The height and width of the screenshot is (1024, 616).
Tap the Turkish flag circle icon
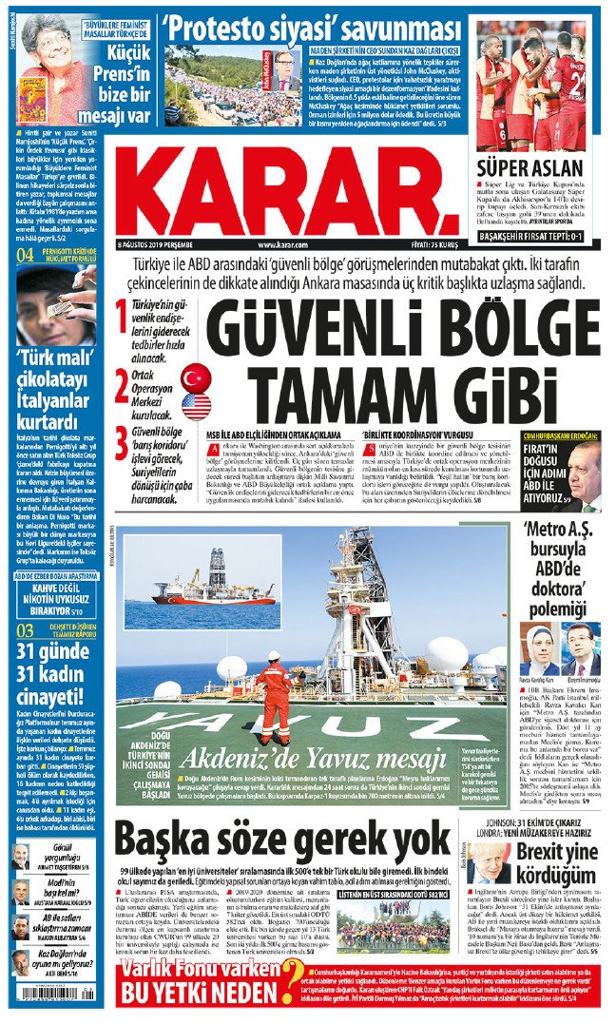(196, 377)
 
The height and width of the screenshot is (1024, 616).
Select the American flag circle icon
(196, 406)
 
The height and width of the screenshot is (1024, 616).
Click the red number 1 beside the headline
(121, 318)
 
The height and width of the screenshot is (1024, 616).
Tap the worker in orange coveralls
(278, 696)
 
